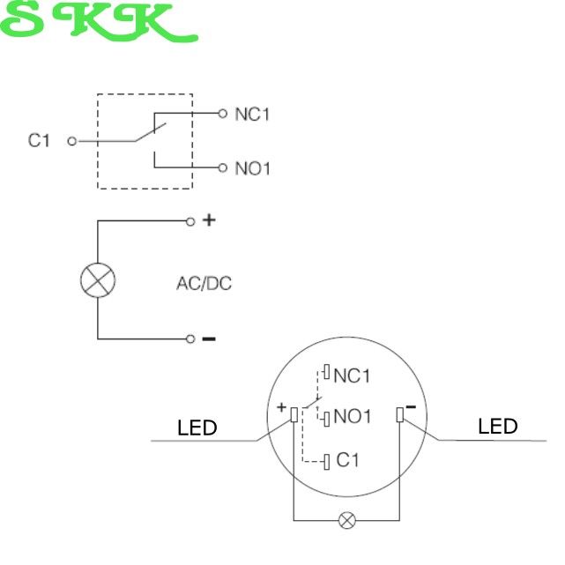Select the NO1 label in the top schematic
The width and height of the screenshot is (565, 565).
point(252,167)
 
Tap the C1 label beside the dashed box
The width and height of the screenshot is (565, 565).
point(40,140)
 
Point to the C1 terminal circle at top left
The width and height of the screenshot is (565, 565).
point(72,140)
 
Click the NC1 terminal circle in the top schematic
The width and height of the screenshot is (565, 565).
point(222,113)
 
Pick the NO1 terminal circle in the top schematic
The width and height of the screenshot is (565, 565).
point(222,167)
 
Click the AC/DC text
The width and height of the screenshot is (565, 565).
point(204,284)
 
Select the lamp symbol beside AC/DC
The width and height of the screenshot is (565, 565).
point(98,280)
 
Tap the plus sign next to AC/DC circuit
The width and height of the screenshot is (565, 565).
point(209,220)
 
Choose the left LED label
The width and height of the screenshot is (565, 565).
point(197,428)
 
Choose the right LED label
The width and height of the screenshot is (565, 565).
point(498,427)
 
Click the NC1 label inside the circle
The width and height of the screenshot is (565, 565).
point(353,376)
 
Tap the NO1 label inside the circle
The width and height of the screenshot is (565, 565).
point(353,416)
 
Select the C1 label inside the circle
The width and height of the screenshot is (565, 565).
point(348,460)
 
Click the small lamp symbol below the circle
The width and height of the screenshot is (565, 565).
point(347,520)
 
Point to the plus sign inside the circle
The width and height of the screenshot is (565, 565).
point(281,408)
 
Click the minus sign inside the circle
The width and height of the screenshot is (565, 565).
point(410,406)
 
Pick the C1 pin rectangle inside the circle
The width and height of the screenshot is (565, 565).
point(327,460)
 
